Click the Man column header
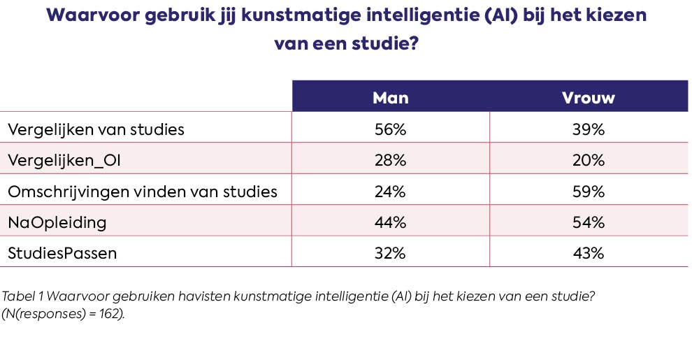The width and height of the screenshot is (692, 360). point(390,98)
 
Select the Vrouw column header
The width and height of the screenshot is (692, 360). point(588,98)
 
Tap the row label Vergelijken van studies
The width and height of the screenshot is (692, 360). point(96,129)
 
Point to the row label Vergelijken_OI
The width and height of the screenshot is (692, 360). point(59,160)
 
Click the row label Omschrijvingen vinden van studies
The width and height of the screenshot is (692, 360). point(143,192)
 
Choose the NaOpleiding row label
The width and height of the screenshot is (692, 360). point(57,222)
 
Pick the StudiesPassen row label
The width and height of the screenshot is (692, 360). point(62,253)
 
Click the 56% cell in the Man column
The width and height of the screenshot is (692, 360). point(390,129)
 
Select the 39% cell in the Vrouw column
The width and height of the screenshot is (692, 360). point(588,129)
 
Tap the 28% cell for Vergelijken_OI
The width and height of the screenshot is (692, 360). point(390,160)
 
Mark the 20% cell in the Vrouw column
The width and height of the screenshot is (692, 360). point(588,160)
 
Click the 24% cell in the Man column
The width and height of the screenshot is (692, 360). point(390,192)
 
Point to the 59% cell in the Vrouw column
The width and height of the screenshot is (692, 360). point(588,192)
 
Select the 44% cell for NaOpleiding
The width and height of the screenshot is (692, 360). point(390,222)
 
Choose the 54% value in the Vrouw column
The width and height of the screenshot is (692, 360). point(588,222)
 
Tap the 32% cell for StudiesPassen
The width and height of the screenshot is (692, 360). point(390,253)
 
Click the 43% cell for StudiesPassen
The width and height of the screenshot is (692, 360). point(588,253)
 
